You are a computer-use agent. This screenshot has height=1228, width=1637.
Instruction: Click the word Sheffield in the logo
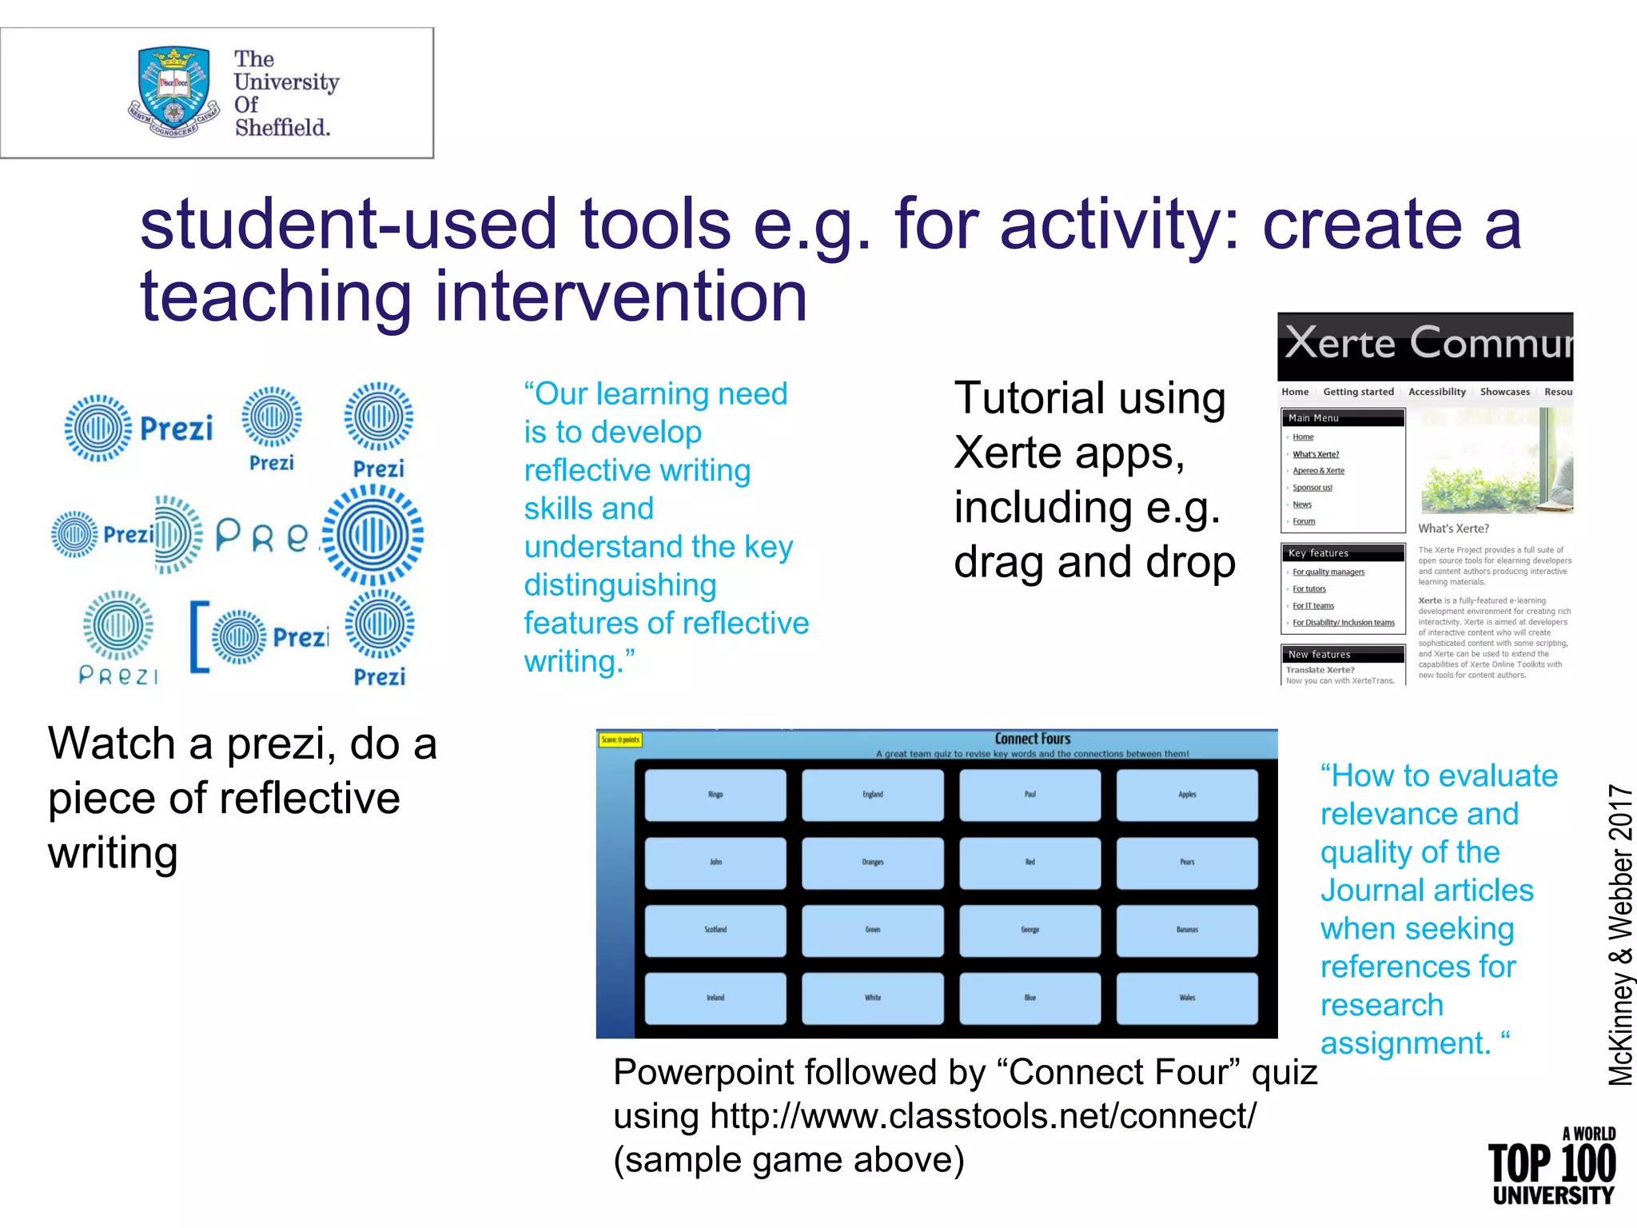coord(282,128)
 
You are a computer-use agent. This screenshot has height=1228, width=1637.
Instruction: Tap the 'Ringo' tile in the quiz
coord(715,795)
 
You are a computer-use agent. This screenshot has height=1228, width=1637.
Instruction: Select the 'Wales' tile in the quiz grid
coord(1187,998)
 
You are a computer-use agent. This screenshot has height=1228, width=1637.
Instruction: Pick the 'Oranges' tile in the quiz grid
coord(873,863)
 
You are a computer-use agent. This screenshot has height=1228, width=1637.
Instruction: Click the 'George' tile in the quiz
coord(1030,930)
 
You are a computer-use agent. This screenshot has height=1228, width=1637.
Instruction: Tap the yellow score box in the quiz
coord(620,740)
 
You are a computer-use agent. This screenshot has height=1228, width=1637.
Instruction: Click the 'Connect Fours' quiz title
coord(1032,739)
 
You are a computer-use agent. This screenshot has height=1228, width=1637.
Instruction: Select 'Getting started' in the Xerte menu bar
coord(1358,392)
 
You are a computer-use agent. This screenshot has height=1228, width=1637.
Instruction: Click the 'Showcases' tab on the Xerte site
coord(1504,392)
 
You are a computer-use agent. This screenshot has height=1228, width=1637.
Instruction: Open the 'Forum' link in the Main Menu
coord(1304,521)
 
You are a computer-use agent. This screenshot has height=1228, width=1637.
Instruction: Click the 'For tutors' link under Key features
coord(1309,589)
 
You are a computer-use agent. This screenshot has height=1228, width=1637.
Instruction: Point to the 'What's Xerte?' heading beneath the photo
coord(1453,528)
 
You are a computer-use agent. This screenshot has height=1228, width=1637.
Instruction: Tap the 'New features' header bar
coord(1342,654)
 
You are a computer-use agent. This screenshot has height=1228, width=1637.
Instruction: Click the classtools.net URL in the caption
coord(982,1116)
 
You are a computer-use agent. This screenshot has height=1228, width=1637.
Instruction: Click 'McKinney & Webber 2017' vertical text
coord(1621,935)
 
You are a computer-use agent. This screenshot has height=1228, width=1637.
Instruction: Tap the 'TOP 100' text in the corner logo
coord(1551,1164)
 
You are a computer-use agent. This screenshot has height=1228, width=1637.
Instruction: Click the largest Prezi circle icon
coord(373,536)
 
